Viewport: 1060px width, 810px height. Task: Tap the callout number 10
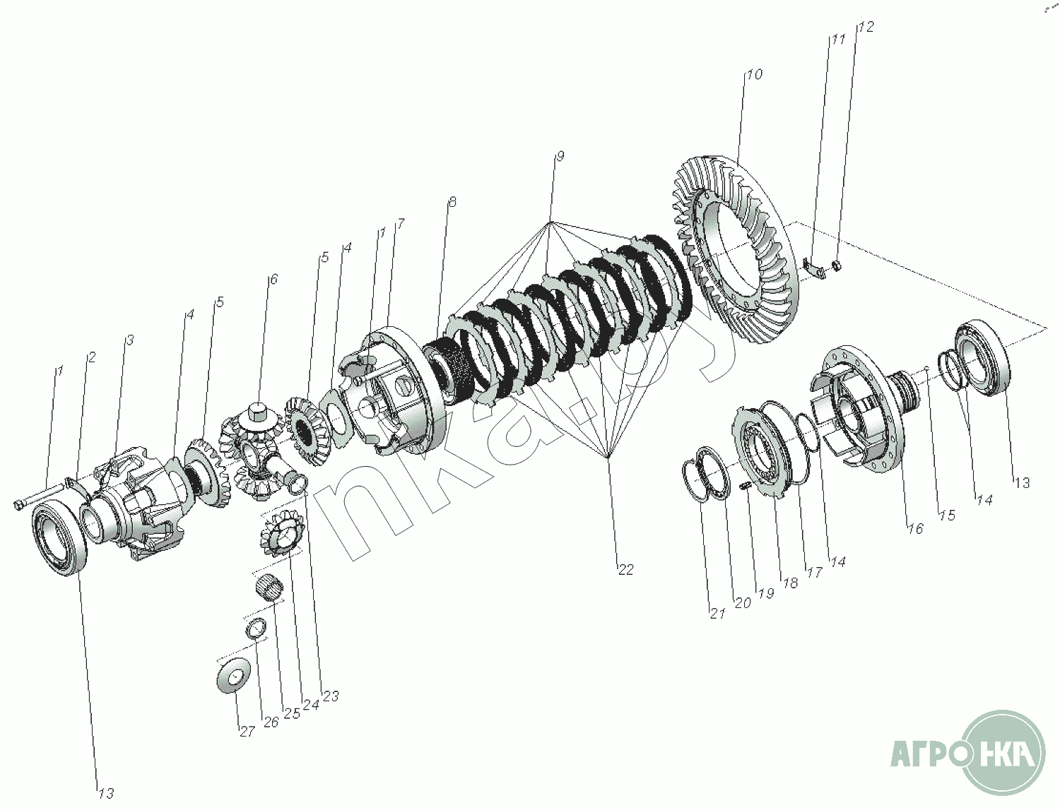(x=754, y=75)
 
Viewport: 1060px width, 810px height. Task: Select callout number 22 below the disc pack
(x=625, y=570)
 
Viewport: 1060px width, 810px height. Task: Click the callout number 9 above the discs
(x=559, y=156)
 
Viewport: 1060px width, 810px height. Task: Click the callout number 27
(x=247, y=732)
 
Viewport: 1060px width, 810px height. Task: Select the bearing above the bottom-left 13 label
(x=60, y=537)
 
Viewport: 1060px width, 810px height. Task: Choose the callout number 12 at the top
(x=866, y=27)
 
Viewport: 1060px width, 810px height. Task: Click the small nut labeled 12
(x=837, y=264)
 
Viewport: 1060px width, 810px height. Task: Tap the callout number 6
(x=273, y=279)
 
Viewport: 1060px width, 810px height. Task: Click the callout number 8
(x=452, y=201)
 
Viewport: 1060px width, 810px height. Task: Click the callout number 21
(x=717, y=614)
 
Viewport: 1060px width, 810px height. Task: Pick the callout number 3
(x=129, y=340)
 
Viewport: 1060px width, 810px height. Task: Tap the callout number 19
(x=766, y=594)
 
